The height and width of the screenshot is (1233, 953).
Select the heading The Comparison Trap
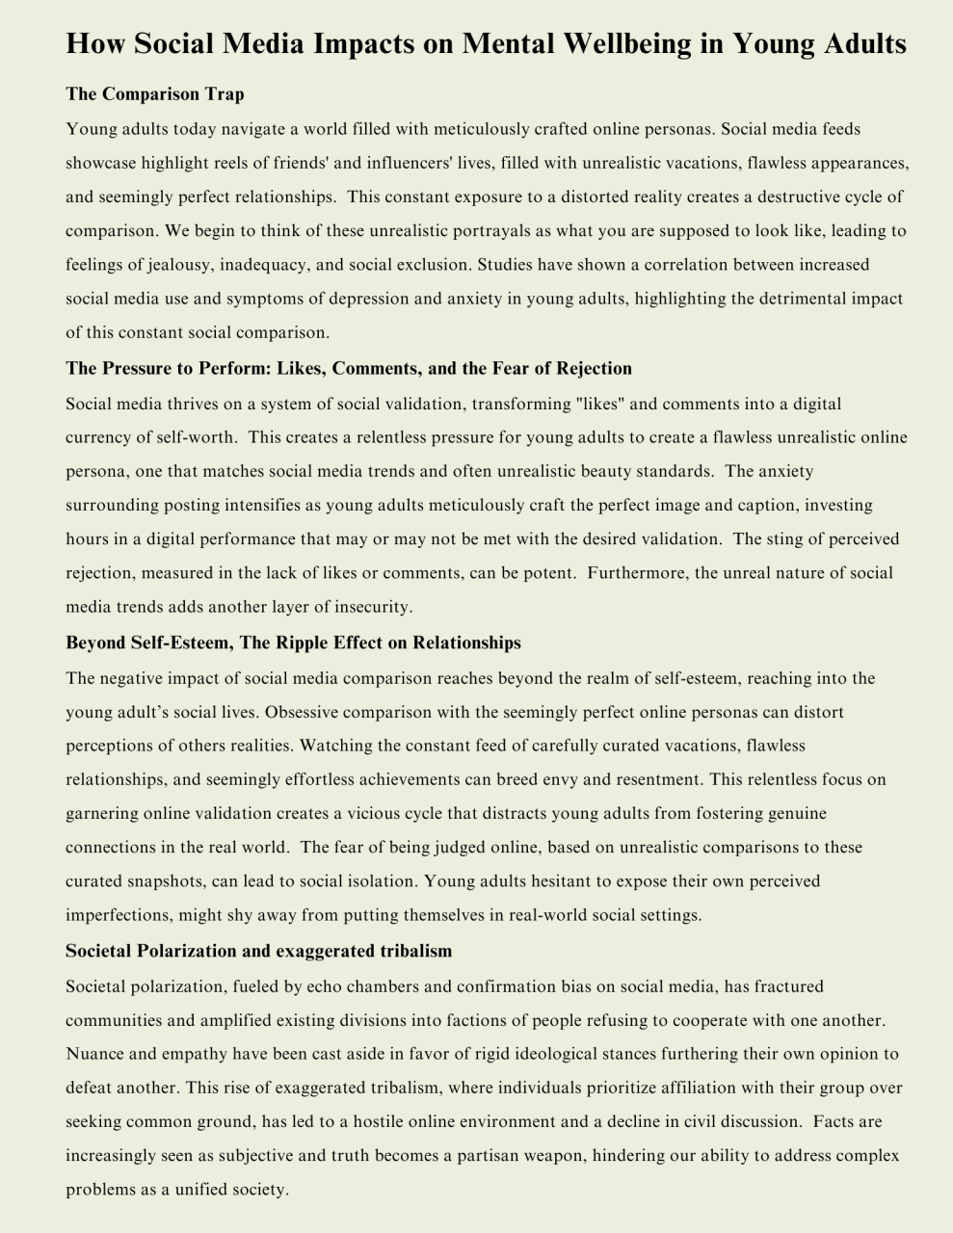click(x=155, y=94)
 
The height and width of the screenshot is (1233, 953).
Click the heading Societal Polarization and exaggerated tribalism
click(x=258, y=951)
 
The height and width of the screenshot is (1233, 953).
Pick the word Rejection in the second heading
click(x=595, y=368)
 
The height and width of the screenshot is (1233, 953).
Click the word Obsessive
click(x=305, y=713)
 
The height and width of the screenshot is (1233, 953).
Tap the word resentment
click(x=657, y=779)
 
